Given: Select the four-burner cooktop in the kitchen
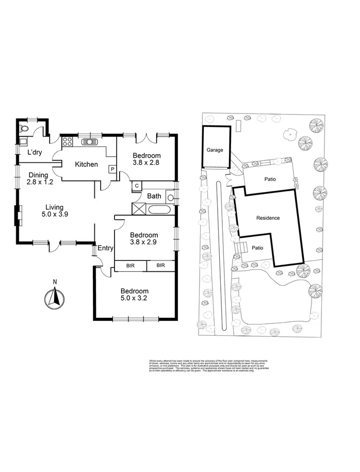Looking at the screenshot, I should (x=67, y=142).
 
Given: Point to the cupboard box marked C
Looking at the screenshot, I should (x=137, y=186).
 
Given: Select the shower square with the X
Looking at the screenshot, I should (x=139, y=209).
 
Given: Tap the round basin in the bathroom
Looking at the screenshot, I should (x=170, y=196).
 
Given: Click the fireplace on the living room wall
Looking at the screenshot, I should (x=19, y=216).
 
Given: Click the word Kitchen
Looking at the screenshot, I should (x=86, y=165).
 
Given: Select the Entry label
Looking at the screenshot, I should (x=105, y=248).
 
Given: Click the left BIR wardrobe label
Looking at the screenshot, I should (x=130, y=266).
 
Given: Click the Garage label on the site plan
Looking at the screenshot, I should (x=215, y=150).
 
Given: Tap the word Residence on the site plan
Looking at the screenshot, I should (x=268, y=218).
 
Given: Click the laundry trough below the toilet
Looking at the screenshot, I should (x=23, y=140).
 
